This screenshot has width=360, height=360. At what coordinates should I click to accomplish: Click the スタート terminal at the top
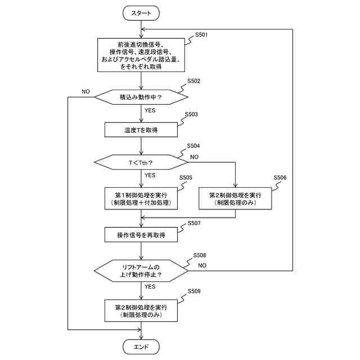point(141,12)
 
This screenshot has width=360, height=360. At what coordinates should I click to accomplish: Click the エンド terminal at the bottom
point(141,346)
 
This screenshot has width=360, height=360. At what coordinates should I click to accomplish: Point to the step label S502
point(193,81)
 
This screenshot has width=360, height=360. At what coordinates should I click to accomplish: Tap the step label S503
point(191,114)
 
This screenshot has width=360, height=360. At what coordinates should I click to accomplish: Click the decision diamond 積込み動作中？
point(141,97)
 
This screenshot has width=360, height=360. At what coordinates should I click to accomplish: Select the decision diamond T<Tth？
point(141,163)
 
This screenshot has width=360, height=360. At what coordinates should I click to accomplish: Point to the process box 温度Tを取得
point(141,130)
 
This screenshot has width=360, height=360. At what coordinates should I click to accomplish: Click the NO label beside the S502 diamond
point(86,91)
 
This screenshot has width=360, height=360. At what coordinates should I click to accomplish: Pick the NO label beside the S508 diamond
point(202,264)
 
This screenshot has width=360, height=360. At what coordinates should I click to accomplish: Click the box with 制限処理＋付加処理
point(141,198)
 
